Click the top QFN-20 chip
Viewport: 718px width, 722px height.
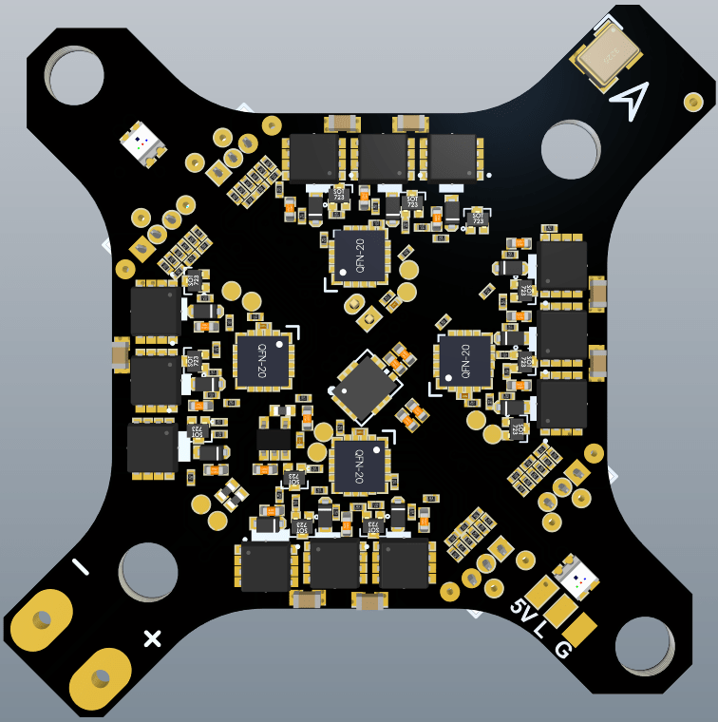(x=359, y=255)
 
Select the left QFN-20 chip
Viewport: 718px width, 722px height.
(x=263, y=360)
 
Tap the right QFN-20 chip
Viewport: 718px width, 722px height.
(x=464, y=361)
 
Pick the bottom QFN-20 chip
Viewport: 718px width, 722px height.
(x=359, y=465)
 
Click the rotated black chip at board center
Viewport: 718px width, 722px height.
(x=364, y=386)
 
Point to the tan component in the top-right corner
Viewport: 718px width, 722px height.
(x=606, y=57)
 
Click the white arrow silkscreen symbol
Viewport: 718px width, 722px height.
(x=630, y=97)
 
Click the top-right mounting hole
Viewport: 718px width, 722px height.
(x=570, y=150)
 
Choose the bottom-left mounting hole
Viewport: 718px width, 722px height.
(x=150, y=571)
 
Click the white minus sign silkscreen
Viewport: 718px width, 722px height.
(x=81, y=567)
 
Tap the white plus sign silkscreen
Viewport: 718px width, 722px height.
(x=152, y=637)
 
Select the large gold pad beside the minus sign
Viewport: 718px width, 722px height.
(x=41, y=619)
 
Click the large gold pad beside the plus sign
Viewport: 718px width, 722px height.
(x=100, y=678)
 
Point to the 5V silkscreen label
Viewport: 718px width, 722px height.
(x=522, y=610)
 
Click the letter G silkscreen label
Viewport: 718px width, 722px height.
(x=562, y=650)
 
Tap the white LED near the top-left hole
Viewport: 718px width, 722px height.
(x=142, y=143)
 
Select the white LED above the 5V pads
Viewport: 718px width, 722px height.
(x=576, y=575)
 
